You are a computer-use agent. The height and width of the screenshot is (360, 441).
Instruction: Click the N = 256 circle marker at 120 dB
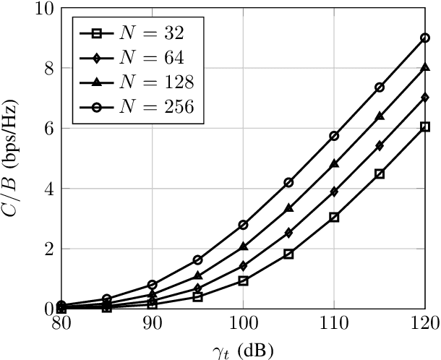pos(425,38)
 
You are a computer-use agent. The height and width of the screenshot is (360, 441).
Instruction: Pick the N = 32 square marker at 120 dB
pos(425,127)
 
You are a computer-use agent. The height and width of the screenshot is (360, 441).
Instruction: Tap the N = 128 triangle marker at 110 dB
pos(334,164)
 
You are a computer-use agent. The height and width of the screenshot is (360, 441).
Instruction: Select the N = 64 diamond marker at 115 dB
pos(380,145)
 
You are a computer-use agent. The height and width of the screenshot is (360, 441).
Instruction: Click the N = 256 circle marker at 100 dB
pos(243,225)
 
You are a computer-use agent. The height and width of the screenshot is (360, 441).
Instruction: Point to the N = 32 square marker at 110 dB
pos(334,217)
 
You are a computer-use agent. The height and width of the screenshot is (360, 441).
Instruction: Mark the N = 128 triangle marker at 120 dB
pos(425,67)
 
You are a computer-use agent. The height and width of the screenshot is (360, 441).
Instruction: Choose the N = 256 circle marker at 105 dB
pos(288,182)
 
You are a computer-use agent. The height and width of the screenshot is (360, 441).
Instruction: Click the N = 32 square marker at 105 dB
pos(288,254)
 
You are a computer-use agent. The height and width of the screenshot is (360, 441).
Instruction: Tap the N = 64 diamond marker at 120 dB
pos(425,97)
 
